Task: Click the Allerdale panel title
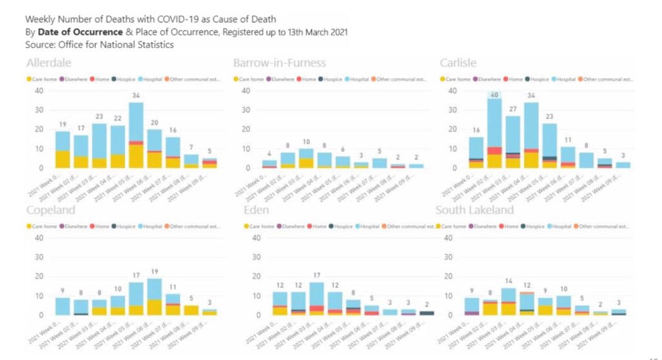pos(48,63)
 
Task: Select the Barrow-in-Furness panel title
pos(279,63)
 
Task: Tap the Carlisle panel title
pos(458,63)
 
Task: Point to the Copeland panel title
pos(51,210)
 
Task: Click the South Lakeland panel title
pos(475,210)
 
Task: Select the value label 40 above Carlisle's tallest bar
pos(495,94)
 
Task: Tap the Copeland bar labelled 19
pos(155,297)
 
